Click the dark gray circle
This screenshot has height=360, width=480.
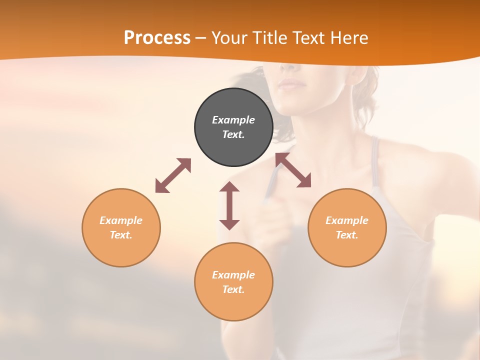tap(233, 127)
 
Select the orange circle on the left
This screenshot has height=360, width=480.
tap(121, 227)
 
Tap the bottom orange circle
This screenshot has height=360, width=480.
tap(233, 281)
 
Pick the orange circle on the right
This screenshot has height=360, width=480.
tap(347, 227)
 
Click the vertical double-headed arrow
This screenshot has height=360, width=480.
tap(229, 205)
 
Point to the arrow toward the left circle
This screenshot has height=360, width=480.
tap(173, 175)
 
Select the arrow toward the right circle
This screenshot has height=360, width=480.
tap(293, 170)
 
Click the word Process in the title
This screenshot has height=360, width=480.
tap(157, 38)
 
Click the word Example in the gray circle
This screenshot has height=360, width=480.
tap(233, 120)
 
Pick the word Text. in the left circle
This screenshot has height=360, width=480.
tap(121, 235)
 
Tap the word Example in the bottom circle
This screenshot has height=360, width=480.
tap(233, 274)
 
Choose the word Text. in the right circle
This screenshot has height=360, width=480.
tap(347, 235)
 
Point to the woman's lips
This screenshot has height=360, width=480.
tap(291, 83)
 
